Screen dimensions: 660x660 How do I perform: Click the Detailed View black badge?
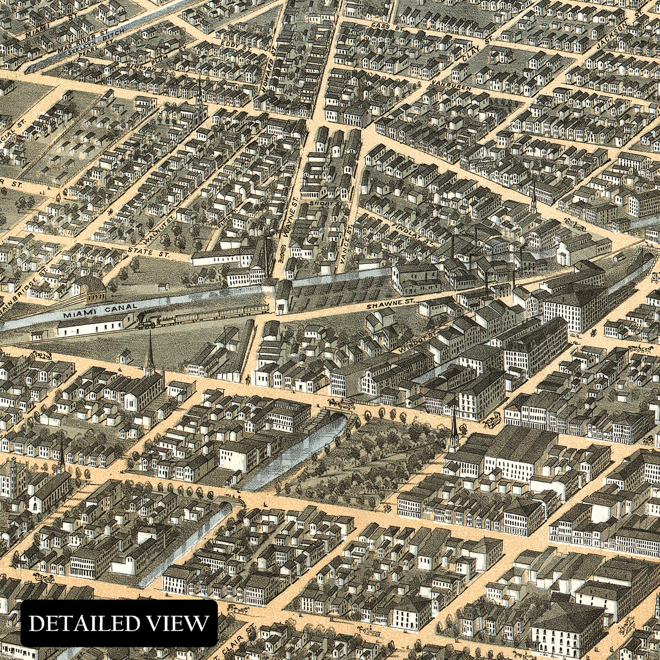click(119, 623)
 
